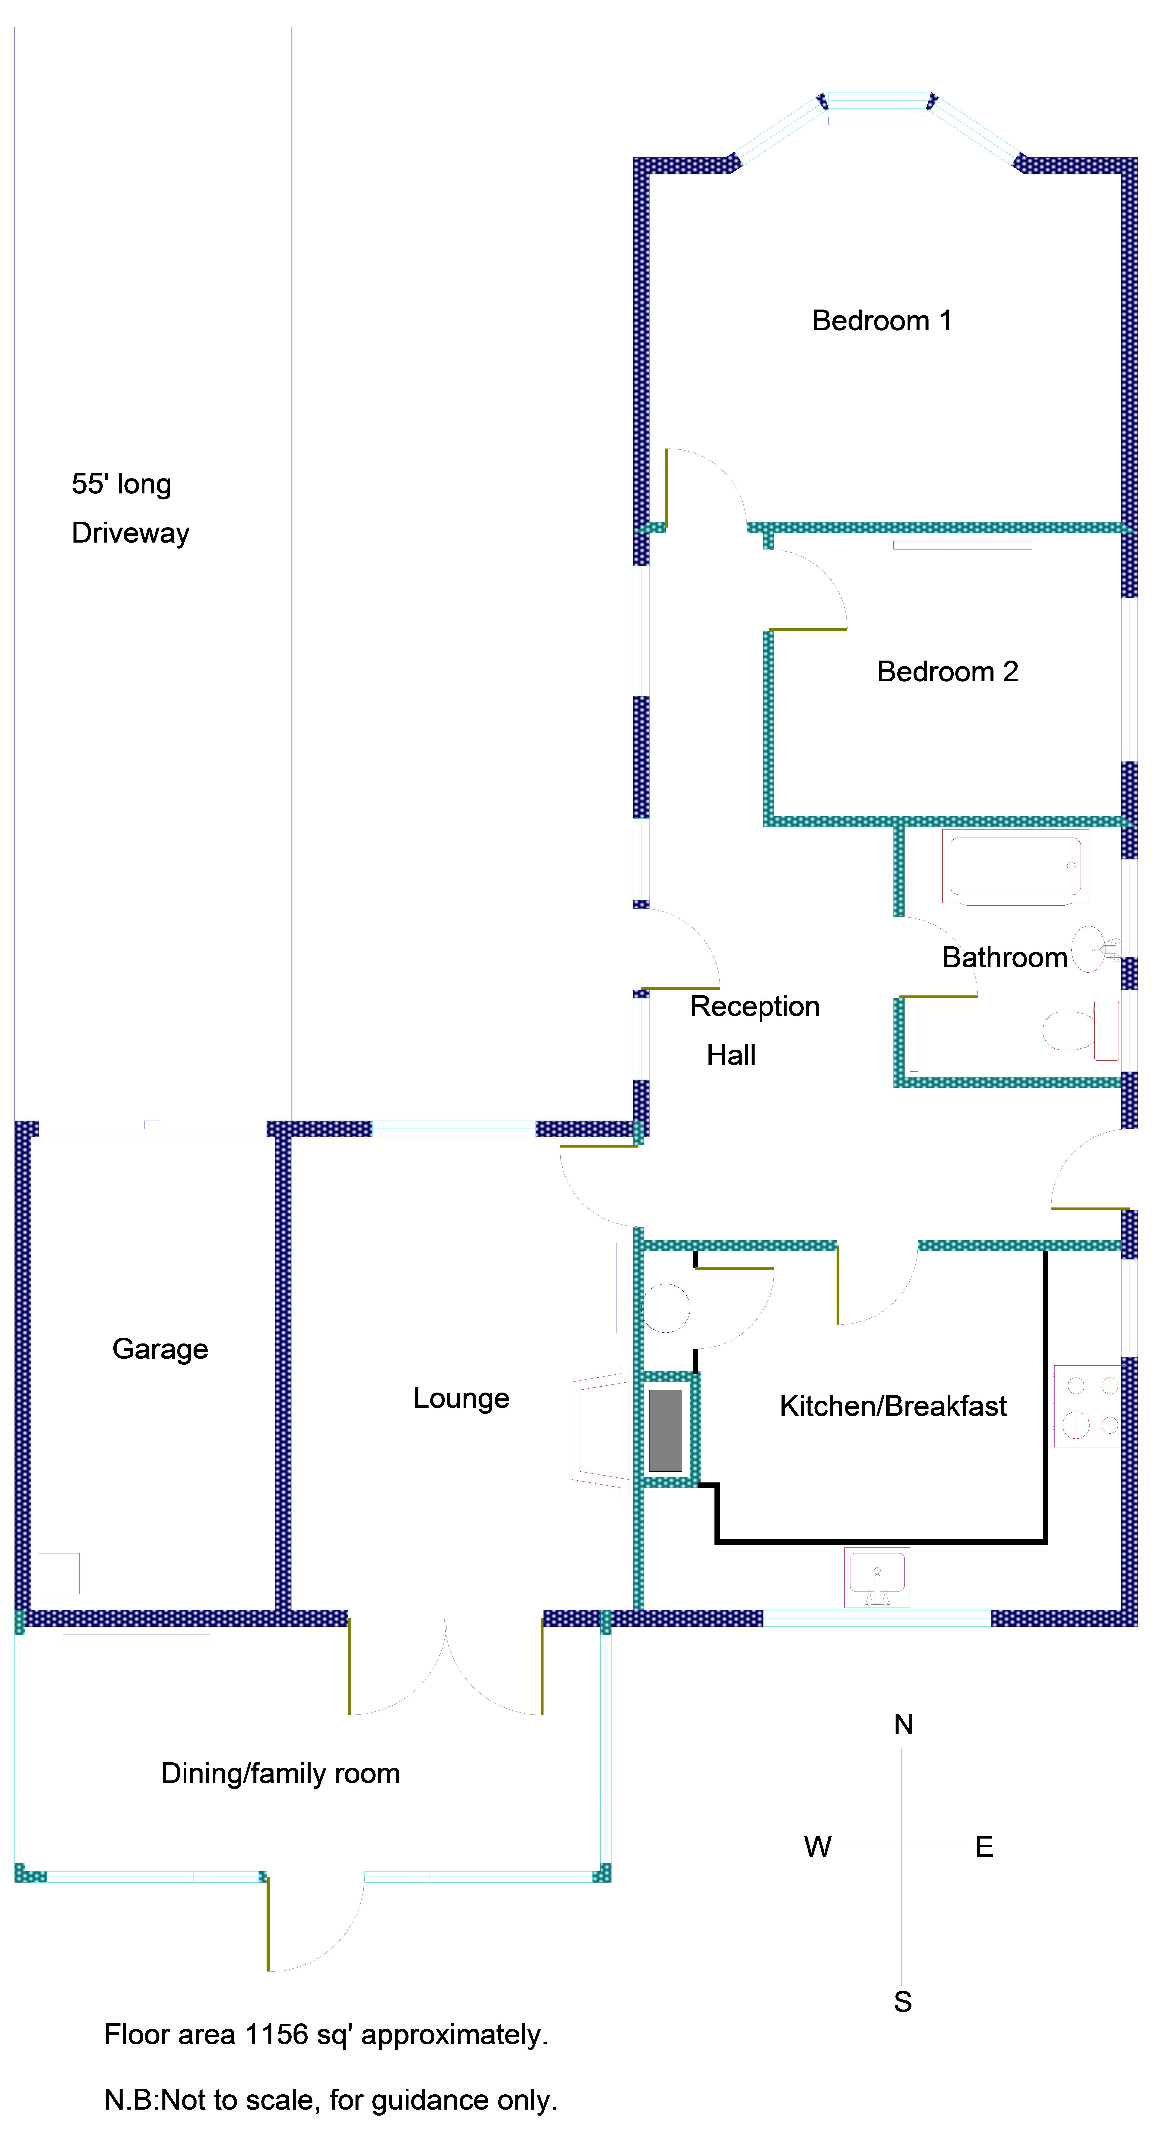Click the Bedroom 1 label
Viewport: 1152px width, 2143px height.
coord(882,320)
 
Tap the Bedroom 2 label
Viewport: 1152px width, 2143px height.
coord(947,671)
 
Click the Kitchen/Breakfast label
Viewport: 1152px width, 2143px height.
coord(893,1406)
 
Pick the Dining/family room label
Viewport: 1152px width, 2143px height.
coord(280,1774)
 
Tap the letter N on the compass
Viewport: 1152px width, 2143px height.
coord(903,1724)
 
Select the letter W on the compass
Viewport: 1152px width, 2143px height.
coord(818,1847)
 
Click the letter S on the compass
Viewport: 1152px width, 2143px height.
coord(902,2001)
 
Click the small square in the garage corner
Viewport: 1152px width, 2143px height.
coord(59,1573)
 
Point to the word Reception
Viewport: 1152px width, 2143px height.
coord(754,1007)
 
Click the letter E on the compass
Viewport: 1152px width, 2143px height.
coord(984,1847)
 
